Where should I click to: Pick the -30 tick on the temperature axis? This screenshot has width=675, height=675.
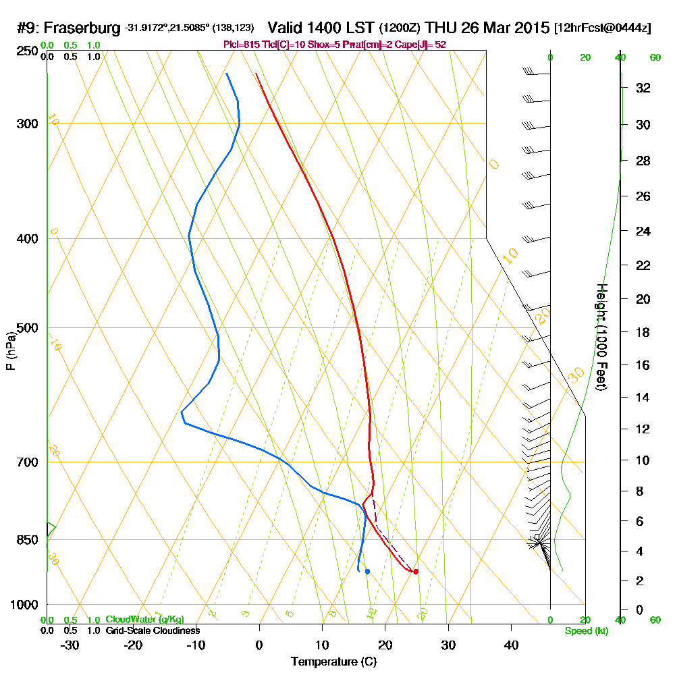70,645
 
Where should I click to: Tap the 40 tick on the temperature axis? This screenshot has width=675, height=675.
511,645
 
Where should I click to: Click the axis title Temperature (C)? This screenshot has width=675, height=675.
333,662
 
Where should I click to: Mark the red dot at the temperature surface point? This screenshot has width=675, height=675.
416,572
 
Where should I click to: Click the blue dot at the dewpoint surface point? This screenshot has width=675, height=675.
367,571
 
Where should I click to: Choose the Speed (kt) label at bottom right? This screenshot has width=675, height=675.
585,631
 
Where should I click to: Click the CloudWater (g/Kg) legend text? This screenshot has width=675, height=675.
144,620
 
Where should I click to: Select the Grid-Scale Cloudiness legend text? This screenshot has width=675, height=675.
152,630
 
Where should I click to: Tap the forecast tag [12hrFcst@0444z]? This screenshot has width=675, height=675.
602,28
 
